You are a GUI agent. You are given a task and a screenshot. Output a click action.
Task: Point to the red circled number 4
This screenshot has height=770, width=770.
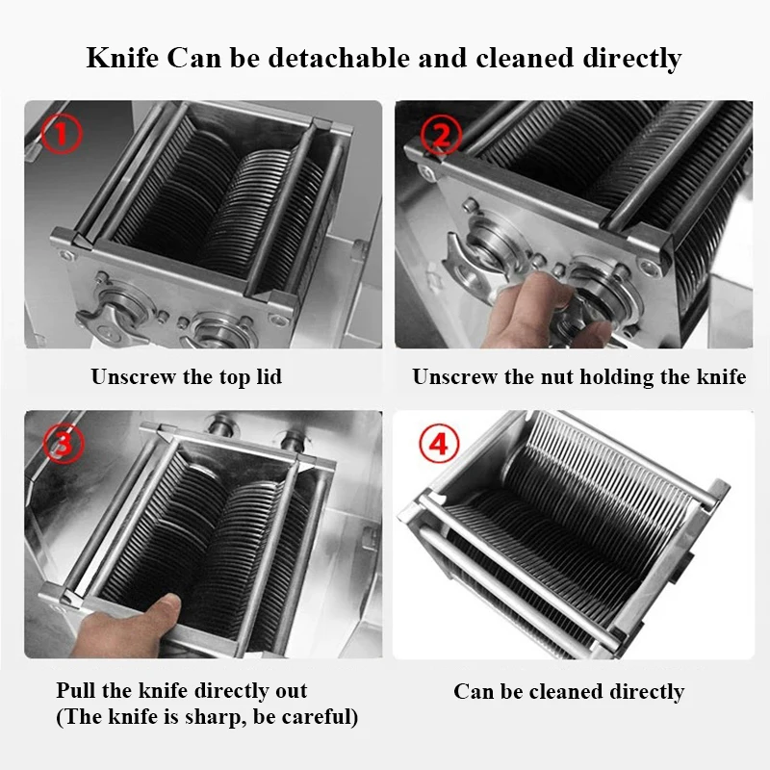(438, 444)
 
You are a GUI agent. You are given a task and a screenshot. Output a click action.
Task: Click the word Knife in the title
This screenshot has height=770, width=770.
(122, 58)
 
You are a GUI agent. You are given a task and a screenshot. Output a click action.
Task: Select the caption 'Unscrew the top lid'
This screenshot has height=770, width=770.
(187, 376)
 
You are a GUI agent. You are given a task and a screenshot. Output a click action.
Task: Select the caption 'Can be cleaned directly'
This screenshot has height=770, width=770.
(569, 691)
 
